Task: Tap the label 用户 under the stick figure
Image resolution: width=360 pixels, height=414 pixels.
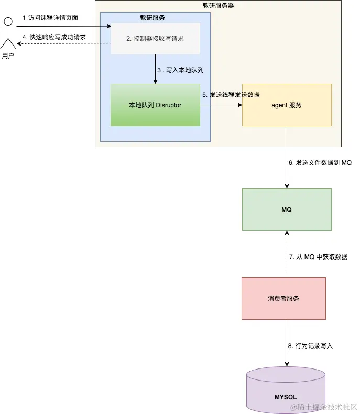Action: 8,56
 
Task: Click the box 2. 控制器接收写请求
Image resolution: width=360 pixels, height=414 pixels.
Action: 156,38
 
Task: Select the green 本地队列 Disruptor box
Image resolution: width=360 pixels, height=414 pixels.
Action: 155,105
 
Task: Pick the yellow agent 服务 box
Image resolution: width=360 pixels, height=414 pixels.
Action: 287,105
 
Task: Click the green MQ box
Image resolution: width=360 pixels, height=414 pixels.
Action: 287,209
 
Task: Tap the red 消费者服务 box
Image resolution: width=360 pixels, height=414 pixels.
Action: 283,298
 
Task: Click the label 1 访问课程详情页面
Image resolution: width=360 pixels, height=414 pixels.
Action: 50,18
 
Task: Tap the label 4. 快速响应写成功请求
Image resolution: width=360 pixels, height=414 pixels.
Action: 54,37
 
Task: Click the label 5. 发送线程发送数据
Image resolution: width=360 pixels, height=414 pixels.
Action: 231,95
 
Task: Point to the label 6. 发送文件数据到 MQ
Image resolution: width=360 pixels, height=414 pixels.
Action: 320,163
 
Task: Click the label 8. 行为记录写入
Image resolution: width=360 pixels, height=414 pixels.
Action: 310,346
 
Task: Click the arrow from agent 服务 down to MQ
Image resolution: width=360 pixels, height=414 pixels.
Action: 287,157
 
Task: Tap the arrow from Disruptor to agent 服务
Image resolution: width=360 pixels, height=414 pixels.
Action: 221,105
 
